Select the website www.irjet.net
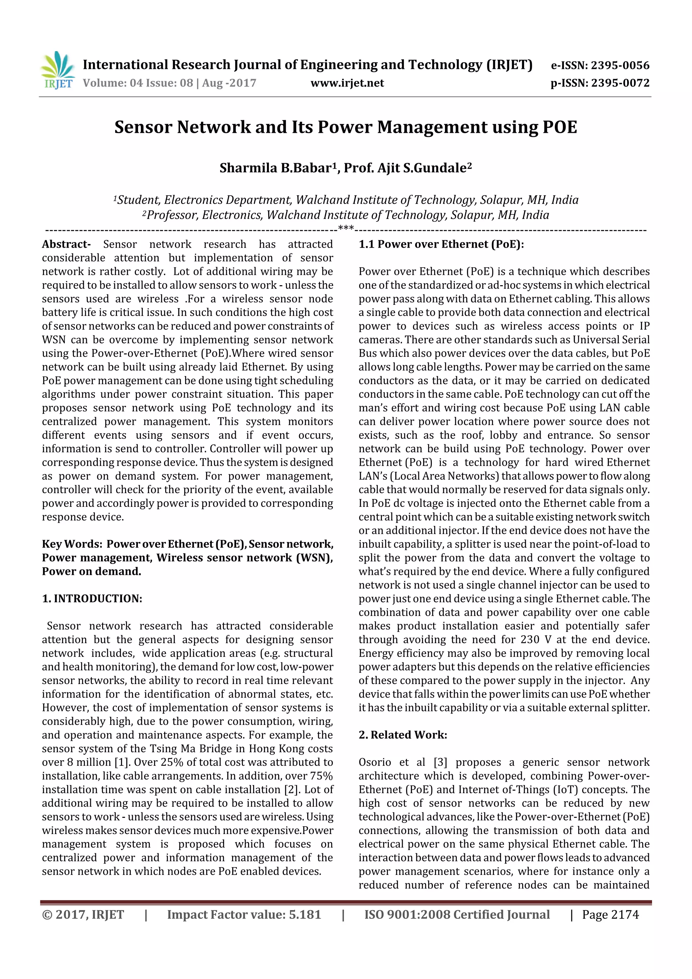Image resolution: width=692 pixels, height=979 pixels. pos(347,83)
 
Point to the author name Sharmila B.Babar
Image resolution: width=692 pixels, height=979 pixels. pos(275,168)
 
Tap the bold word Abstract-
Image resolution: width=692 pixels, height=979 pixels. pos(66,244)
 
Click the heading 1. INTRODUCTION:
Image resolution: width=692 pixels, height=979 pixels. pos(92,599)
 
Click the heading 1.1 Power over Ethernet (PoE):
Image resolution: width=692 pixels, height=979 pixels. pos(441,244)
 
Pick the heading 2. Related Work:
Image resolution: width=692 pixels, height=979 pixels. pos(402,735)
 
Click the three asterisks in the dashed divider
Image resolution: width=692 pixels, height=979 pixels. pos(346,228)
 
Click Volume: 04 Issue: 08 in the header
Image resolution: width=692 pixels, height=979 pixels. pos(138,83)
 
